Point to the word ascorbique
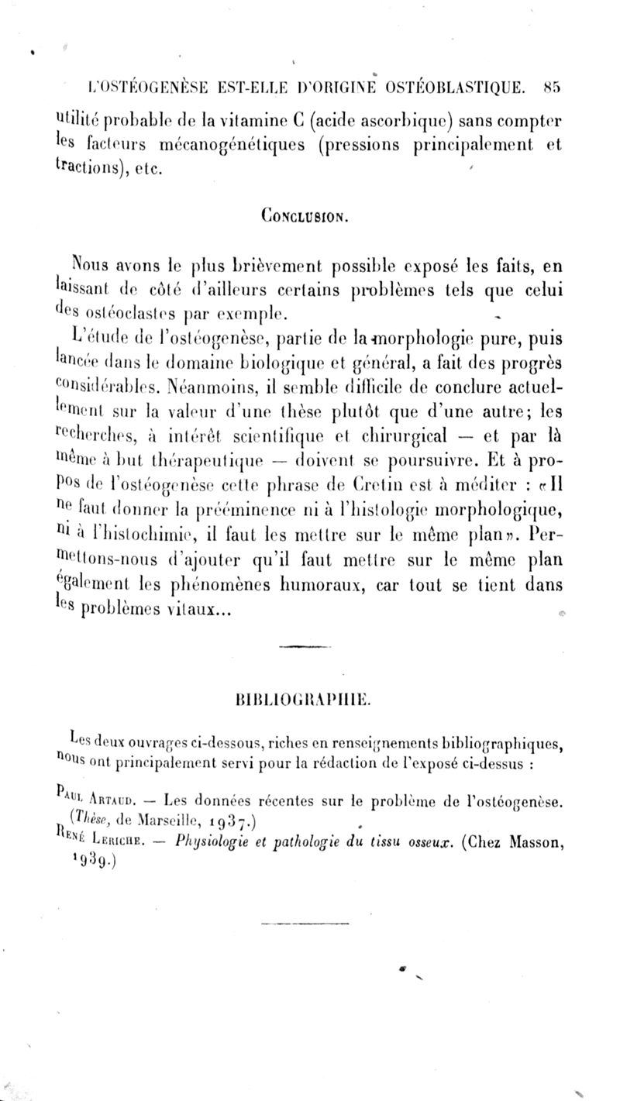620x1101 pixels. pyautogui.click(x=412, y=122)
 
